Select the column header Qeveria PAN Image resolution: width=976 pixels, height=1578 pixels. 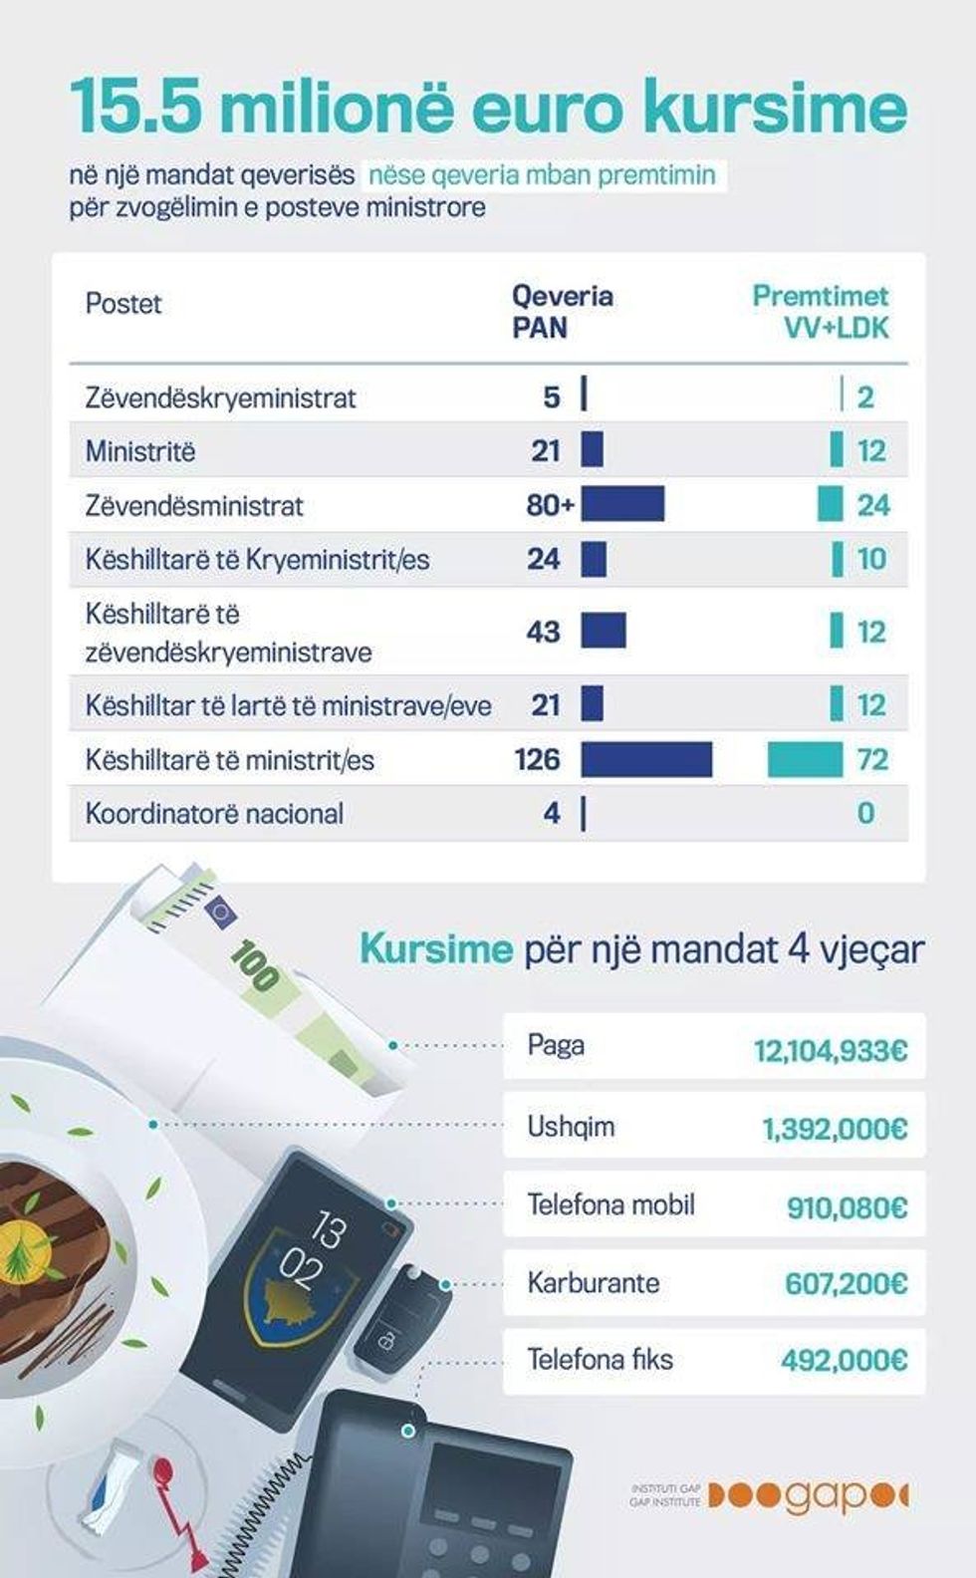pyautogui.click(x=563, y=311)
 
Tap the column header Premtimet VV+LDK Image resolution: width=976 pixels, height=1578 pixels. pyautogui.click(x=820, y=311)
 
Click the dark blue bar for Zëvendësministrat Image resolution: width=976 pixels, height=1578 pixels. pyautogui.click(x=622, y=505)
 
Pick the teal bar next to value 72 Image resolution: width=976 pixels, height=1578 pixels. pyautogui.click(x=805, y=759)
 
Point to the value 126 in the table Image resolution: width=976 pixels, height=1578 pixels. pyautogui.click(x=537, y=760)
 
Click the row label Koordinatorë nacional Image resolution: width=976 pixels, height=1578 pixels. pyautogui.click(x=214, y=814)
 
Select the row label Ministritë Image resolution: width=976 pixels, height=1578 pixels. pyautogui.click(x=140, y=451)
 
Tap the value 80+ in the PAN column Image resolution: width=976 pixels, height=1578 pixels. pyautogui.click(x=550, y=505)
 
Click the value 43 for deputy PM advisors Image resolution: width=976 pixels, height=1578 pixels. pyautogui.click(x=543, y=632)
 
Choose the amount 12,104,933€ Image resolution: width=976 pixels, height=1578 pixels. pyautogui.click(x=830, y=1050)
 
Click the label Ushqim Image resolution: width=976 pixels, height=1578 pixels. pyautogui.click(x=571, y=1127)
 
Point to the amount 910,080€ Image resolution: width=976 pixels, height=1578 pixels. pyautogui.click(x=847, y=1207)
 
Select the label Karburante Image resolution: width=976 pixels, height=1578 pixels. pyautogui.click(x=593, y=1282)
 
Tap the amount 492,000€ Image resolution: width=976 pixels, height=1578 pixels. pyautogui.click(x=844, y=1360)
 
